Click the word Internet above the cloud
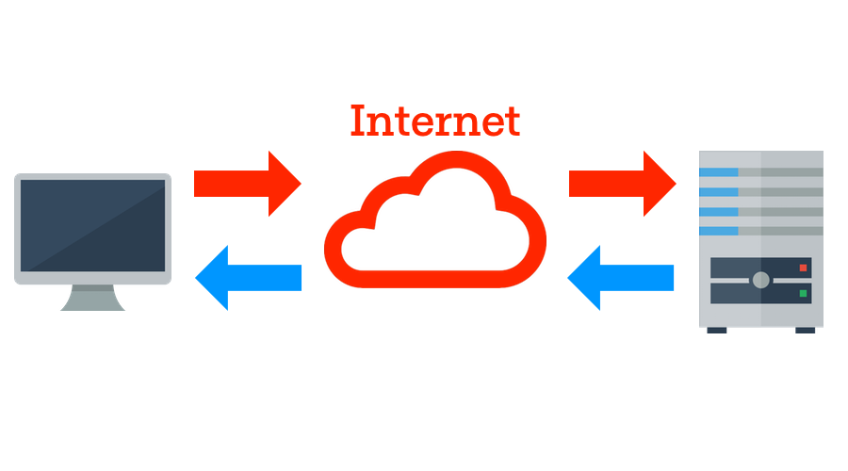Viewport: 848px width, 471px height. coord(434,121)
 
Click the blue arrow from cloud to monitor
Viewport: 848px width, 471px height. coord(247,277)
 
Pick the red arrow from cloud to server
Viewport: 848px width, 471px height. coord(622,183)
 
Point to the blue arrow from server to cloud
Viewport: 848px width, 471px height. coord(622,277)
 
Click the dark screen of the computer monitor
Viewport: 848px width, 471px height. coord(92,225)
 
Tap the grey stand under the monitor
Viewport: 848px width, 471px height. coord(92,299)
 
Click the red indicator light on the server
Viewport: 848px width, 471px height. coord(804,268)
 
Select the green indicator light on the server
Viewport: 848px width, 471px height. coord(804,293)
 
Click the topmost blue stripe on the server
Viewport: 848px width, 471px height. coord(719,172)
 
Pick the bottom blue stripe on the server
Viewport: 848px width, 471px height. coord(719,231)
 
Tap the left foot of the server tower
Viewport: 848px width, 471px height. coord(717,330)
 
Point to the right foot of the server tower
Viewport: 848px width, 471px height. coord(806,330)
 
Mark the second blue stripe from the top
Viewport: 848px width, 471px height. coord(719,192)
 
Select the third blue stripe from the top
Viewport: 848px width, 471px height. coord(719,212)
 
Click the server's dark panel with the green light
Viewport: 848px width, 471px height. coord(760,293)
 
